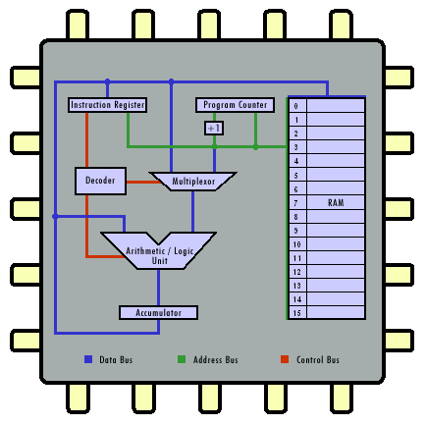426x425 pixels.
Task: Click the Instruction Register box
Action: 107,105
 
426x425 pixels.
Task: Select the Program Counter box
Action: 235,105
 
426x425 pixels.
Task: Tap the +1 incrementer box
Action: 214,128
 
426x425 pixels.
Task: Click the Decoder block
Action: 100,181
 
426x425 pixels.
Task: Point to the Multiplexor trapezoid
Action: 193,182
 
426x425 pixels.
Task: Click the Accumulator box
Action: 158,313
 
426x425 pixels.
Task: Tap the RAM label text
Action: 336,203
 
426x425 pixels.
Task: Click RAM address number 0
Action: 296,106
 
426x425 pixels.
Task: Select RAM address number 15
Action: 297,313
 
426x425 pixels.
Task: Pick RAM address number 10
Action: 297,244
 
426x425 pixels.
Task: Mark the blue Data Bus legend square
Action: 88,359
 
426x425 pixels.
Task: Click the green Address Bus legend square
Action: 182,359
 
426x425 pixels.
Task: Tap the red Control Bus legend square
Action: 285,359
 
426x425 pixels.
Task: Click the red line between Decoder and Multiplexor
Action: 142,182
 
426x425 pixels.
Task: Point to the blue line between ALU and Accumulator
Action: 159,288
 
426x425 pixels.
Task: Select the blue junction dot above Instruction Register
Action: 107,81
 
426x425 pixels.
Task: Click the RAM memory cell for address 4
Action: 336,161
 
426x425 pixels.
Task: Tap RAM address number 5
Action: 296,176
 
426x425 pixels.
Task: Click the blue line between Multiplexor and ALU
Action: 193,212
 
